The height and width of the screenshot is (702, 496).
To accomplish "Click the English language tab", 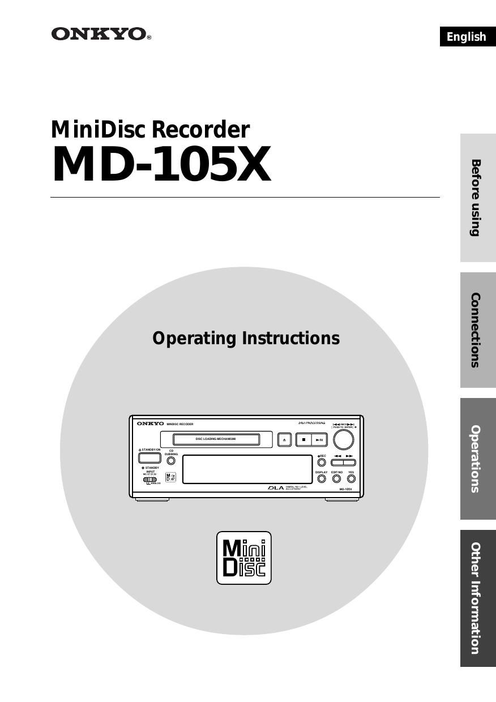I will [x=467, y=37].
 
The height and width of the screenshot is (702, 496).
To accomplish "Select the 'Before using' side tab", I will [x=477, y=198].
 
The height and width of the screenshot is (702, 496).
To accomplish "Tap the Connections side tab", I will [x=477, y=330].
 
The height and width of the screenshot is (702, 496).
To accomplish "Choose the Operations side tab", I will [x=477, y=459].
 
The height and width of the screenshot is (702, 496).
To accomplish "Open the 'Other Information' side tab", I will [x=477, y=598].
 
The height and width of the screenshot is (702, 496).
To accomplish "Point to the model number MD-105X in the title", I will [x=161, y=165].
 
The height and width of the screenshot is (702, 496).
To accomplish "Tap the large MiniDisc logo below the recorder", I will [x=244, y=558].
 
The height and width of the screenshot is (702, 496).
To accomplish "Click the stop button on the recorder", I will [x=303, y=439].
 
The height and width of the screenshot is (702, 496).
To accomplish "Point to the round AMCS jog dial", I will [x=343, y=439].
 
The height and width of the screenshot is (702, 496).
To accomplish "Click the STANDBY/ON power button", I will [x=149, y=459].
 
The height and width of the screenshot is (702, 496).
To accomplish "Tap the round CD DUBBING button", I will [x=171, y=461].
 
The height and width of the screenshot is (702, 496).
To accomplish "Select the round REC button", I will [x=322, y=462].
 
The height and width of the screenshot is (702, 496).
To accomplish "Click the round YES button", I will [x=351, y=479].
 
